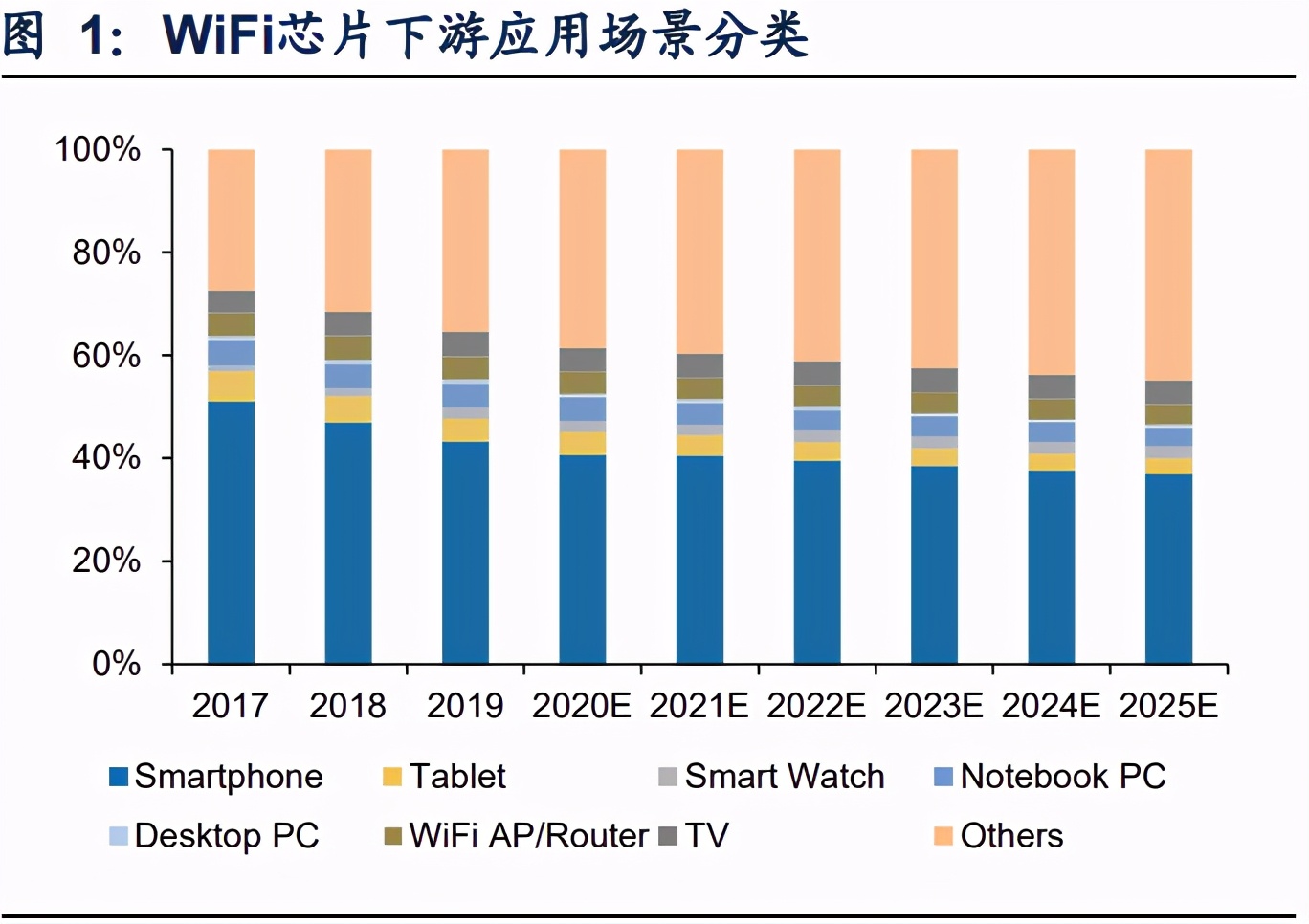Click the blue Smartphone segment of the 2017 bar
pyautogui.click(x=231, y=532)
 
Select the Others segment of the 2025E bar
pyautogui.click(x=1168, y=264)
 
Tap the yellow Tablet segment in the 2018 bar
pyautogui.click(x=348, y=409)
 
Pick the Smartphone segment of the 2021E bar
pyautogui.click(x=699, y=560)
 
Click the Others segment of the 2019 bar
pyautogui.click(x=465, y=240)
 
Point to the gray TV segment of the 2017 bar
pyautogui.click(x=231, y=301)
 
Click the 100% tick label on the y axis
pyautogui.click(x=98, y=150)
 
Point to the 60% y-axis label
pyautogui.click(x=106, y=356)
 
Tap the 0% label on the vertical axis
pyautogui.click(x=116, y=664)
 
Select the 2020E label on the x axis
pyautogui.click(x=581, y=706)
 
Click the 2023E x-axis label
pyautogui.click(x=933, y=706)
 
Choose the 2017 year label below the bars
pyautogui.click(x=230, y=706)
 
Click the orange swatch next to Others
pyautogui.click(x=943, y=836)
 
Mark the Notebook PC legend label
pyautogui.click(x=1062, y=777)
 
